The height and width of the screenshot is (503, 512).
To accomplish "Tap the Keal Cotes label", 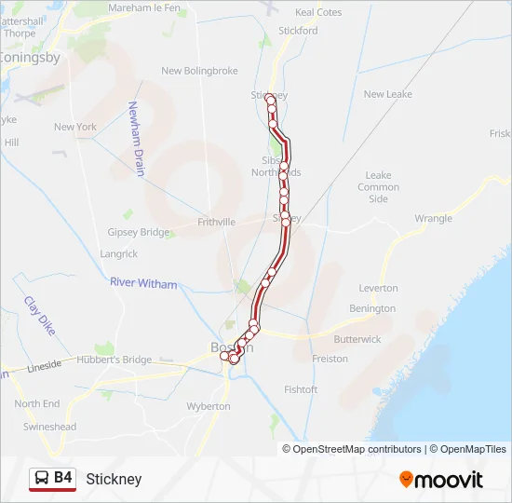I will coord(317,12).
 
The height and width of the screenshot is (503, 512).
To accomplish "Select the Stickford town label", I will coord(298,30).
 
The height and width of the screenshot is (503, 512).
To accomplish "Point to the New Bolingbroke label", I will coord(199,71).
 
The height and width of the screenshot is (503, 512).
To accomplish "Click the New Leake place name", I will coord(387,94).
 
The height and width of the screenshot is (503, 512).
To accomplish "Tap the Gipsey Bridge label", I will coord(139,232).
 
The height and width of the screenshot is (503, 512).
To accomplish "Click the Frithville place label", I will coord(217,223).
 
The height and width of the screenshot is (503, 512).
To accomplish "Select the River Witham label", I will coord(143,283).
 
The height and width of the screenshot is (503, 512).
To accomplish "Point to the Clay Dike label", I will coord(40,314).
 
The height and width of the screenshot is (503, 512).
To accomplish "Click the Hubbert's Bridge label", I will coord(114,360).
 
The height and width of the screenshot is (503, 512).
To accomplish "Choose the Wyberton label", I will coord(209,406).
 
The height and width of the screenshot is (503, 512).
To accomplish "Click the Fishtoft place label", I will coord(301,389).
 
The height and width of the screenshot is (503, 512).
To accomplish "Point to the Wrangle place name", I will coord(433,219).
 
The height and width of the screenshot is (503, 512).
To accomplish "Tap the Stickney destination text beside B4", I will coord(114,479).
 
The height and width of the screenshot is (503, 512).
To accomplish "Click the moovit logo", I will coord(441,480).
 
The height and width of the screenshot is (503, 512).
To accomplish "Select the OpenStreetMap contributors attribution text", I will coord(357,449).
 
